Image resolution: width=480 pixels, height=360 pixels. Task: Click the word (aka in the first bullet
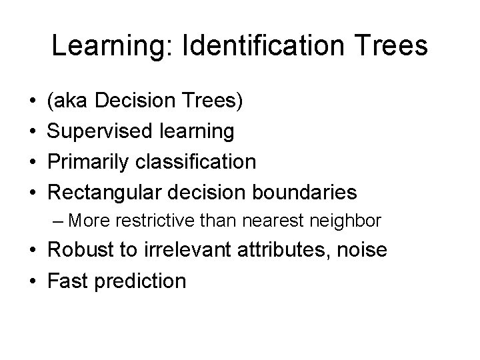tap(67, 102)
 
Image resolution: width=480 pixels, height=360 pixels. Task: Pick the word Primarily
tap(87, 162)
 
